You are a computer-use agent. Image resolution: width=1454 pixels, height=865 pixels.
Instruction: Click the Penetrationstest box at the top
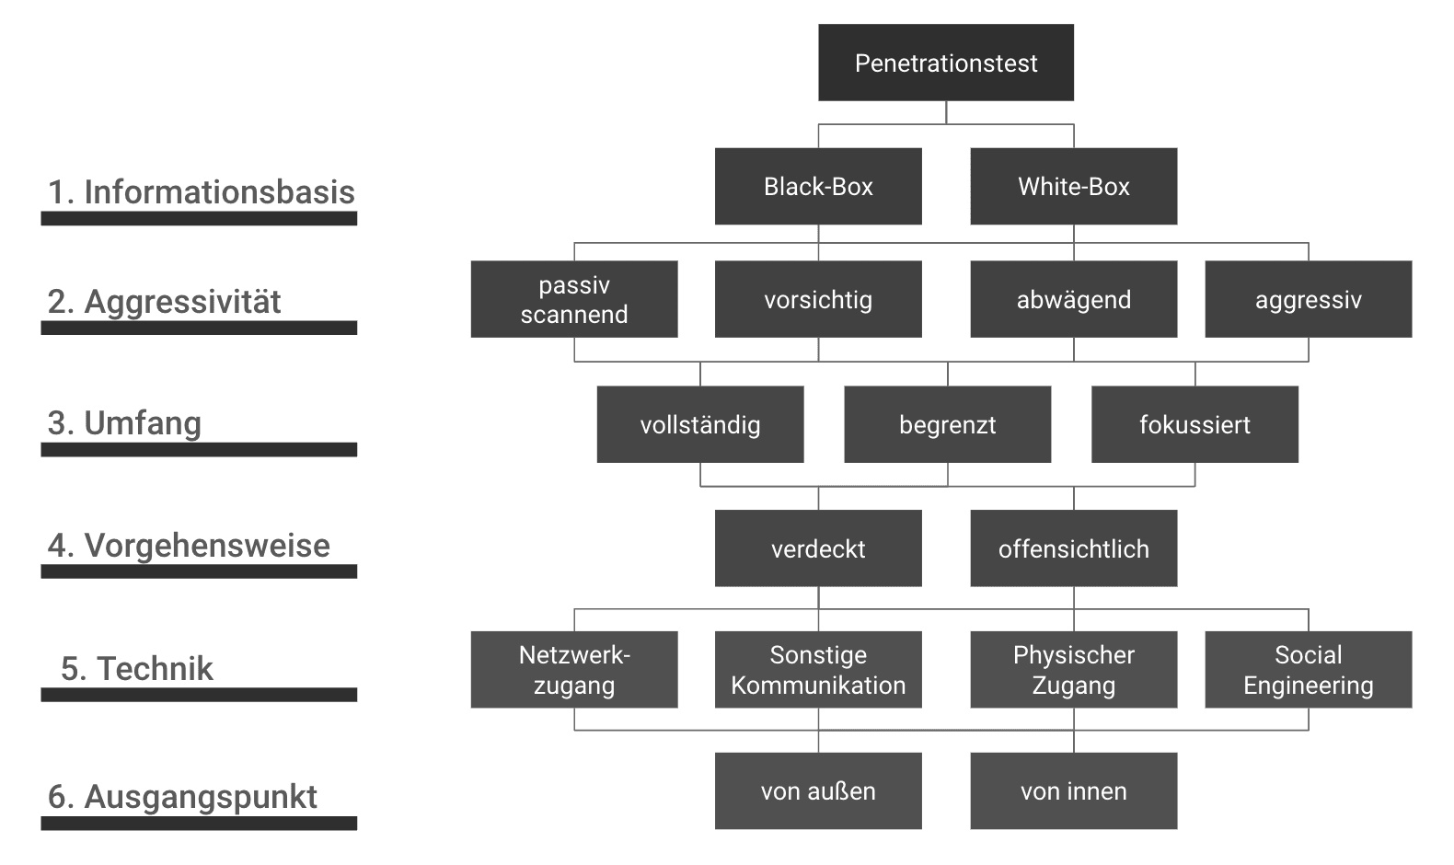pyautogui.click(x=945, y=63)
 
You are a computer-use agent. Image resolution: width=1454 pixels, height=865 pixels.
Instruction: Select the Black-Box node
pyautogui.click(x=818, y=186)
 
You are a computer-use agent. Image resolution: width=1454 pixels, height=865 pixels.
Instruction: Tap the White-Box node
pyautogui.click(x=1073, y=186)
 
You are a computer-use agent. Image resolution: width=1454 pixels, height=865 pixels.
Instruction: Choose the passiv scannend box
pyautogui.click(x=574, y=299)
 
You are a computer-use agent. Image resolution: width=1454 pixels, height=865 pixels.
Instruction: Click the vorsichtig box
pyautogui.click(x=818, y=299)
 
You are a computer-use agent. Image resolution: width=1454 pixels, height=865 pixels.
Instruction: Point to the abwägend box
pyautogui.click(x=1073, y=299)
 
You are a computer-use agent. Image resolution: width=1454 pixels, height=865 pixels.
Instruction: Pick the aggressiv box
pyautogui.click(x=1308, y=299)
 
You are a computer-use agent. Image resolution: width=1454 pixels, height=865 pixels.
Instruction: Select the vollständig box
pyautogui.click(x=699, y=424)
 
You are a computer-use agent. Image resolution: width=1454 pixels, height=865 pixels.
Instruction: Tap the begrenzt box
pyautogui.click(x=947, y=424)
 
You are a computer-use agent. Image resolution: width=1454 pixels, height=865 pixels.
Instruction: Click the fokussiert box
pyautogui.click(x=1194, y=424)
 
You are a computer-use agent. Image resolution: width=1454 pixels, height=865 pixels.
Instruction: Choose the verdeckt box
pyautogui.click(x=818, y=548)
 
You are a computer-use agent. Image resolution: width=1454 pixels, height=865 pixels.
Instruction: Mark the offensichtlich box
pyautogui.click(x=1073, y=548)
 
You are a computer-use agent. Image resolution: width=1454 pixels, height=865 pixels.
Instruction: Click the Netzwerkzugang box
pyautogui.click(x=574, y=669)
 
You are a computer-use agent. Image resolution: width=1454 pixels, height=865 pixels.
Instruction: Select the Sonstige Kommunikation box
pyautogui.click(x=818, y=669)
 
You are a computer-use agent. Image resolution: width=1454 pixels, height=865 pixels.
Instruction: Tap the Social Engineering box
pyautogui.click(x=1308, y=669)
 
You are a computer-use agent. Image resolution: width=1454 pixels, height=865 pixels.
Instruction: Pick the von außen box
pyautogui.click(x=818, y=790)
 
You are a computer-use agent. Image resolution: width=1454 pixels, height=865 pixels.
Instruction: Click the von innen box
pyautogui.click(x=1073, y=790)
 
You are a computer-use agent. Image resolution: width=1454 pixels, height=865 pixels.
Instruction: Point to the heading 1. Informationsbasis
pyautogui.click(x=201, y=192)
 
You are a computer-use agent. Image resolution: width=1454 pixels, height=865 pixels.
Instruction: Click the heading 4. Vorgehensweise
pyautogui.click(x=189, y=546)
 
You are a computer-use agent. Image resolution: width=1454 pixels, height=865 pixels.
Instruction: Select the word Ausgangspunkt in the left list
pyautogui.click(x=201, y=797)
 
